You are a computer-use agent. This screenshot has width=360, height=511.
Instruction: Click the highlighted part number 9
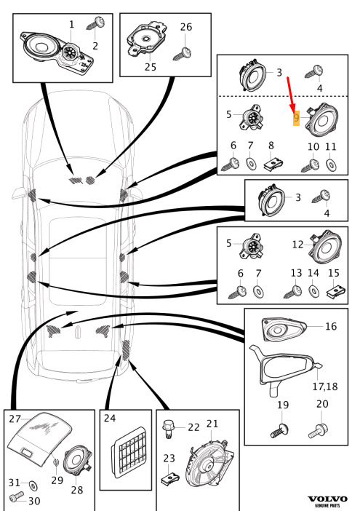coord(296,118)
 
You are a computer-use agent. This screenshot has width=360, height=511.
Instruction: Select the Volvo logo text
coord(327,499)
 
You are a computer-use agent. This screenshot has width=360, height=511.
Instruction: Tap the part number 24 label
coord(110,418)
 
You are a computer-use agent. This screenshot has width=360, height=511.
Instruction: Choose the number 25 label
coord(151,67)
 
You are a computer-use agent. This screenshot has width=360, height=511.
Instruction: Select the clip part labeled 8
coord(273,164)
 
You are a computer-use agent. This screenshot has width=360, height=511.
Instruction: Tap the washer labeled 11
coord(331,165)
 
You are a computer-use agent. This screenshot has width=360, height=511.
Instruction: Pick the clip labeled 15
coord(335,291)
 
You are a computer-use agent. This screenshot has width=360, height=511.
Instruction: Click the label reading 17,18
coord(325,387)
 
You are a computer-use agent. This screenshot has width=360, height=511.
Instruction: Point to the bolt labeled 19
coord(280,430)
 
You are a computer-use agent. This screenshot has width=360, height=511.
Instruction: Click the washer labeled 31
coord(33,486)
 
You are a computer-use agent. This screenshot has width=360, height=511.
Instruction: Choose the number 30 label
coord(34,501)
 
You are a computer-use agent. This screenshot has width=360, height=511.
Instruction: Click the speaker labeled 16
coord(284,329)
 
